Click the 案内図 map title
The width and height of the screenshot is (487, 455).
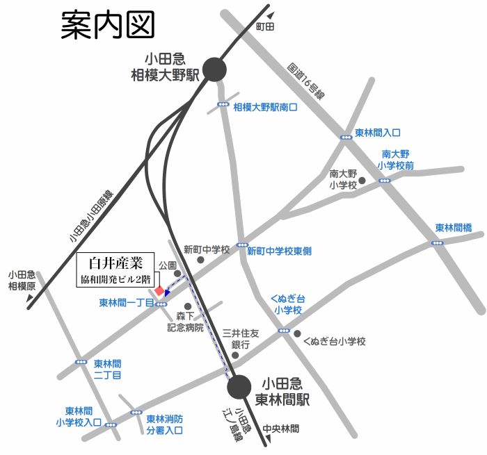coord(107,26)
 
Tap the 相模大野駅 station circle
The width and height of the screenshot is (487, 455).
coord(215,69)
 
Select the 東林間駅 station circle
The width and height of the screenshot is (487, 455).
coord(239,387)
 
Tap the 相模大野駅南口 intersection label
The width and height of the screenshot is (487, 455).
coord(265,107)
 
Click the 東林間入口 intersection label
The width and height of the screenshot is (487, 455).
coord(378,133)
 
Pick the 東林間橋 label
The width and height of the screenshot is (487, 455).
coord(454,228)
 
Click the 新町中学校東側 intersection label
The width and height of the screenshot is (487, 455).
coord(279,251)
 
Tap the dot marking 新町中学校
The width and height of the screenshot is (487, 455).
coord(201,260)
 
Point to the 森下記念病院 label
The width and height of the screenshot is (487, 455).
coord(185,322)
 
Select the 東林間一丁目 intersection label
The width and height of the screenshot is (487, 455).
coord(126,303)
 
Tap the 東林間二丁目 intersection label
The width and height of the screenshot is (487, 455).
coord(107,369)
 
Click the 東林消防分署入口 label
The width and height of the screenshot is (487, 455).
coord(164,424)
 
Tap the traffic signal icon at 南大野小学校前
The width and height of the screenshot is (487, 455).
coord(385,181)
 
